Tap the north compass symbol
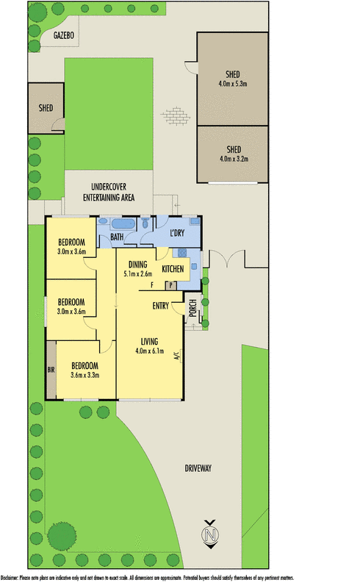coord(211,534)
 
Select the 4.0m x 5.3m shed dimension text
coord(234,84)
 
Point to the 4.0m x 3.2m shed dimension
coord(234,158)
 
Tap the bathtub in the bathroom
coord(123,224)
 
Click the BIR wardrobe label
coord(51,370)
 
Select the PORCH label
coord(192,309)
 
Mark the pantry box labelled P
coord(171,285)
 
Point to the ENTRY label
coord(161,305)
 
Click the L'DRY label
coord(176,234)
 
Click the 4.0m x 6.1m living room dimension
coord(148,350)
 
